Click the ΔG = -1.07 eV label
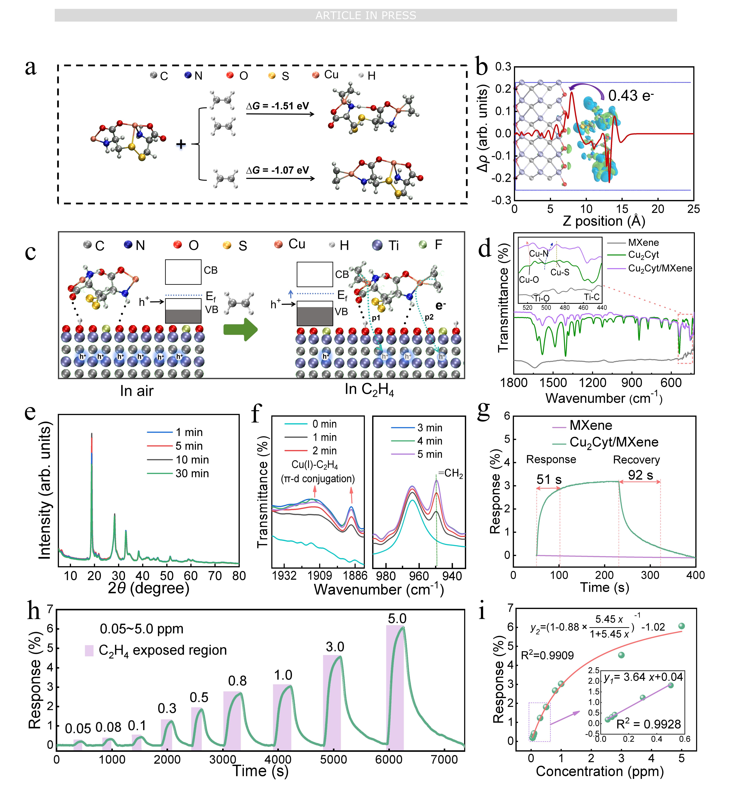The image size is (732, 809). point(278,170)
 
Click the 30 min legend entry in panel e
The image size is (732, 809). point(192,474)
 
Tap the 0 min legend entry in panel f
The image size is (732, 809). point(324,424)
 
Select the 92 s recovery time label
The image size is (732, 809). point(640,475)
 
